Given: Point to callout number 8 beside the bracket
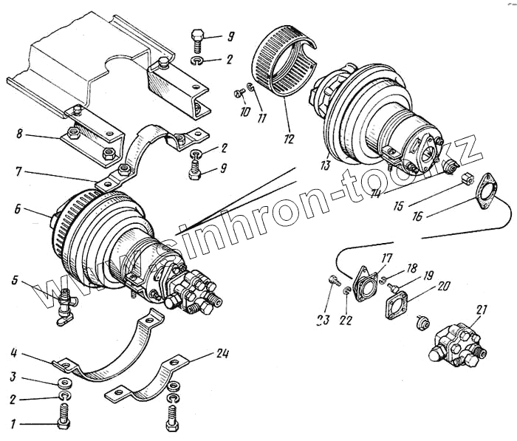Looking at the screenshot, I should pyautogui.click(x=19, y=134).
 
